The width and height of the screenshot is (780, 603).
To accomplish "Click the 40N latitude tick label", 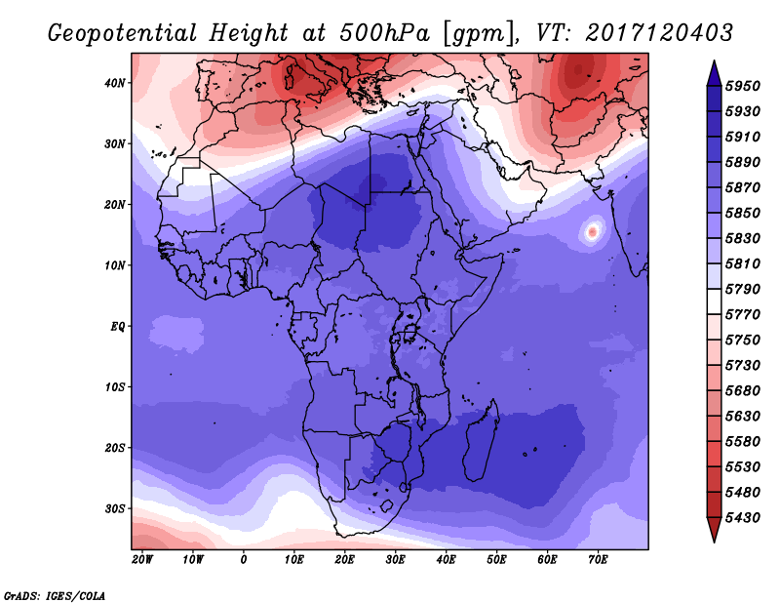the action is [x=115, y=83].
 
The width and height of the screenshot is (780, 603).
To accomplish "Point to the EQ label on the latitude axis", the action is [x=117, y=327].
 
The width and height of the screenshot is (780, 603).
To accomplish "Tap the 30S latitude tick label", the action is [x=115, y=509].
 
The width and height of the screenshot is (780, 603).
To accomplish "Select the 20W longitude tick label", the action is [x=142, y=560].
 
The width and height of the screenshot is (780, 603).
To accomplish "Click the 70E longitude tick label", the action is [x=598, y=560].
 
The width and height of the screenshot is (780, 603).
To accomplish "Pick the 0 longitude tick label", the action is [x=243, y=560].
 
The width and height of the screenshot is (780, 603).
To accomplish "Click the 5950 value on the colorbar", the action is [x=743, y=86].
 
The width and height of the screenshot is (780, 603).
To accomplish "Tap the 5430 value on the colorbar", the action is [x=743, y=518].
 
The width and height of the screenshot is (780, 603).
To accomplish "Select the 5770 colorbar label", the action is [x=743, y=315].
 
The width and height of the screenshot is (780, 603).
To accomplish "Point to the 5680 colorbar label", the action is [x=743, y=391].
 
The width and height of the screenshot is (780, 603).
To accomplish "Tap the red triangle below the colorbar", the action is [x=714, y=530].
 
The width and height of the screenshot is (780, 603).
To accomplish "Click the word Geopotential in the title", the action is [x=123, y=33].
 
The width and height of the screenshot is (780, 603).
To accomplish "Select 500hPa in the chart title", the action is [x=384, y=33].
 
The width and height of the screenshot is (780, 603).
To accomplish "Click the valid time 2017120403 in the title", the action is [x=659, y=33].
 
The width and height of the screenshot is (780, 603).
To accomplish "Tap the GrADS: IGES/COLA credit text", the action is [x=55, y=595].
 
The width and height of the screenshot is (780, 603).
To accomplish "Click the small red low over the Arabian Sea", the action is [x=592, y=231].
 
